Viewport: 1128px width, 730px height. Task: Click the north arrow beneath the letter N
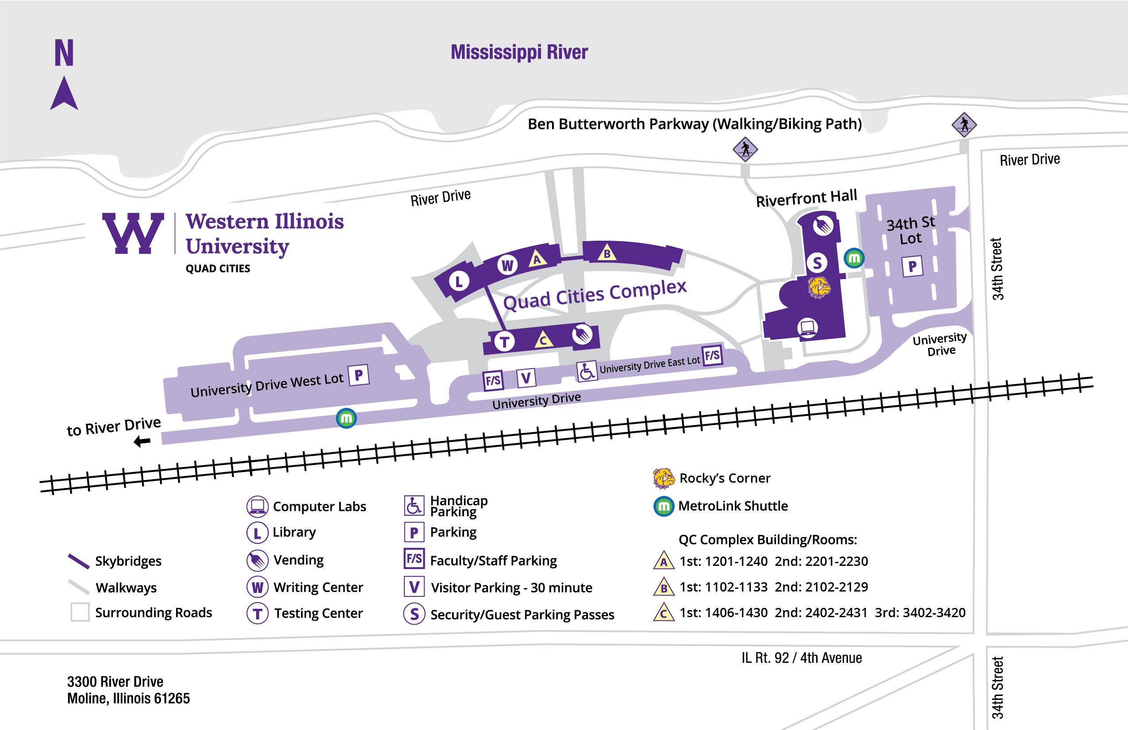64,94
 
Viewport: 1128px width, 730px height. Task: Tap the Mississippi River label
519,52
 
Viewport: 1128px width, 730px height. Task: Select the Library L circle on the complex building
459,281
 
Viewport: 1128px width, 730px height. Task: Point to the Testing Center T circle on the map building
504,341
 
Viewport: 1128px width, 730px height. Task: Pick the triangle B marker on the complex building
607,253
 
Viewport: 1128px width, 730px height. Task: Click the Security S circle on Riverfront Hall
817,263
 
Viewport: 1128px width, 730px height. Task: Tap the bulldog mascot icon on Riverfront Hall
819,287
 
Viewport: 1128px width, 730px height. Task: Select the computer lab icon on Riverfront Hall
808,327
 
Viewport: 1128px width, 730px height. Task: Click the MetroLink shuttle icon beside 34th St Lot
854,258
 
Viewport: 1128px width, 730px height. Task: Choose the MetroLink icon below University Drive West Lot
346,419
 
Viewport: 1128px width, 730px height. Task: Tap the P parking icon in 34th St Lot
912,266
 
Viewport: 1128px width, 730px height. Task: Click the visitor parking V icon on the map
526,378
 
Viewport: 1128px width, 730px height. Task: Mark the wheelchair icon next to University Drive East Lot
586,371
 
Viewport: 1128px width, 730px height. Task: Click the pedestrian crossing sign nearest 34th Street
964,125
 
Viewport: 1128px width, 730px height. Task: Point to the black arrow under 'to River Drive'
142,442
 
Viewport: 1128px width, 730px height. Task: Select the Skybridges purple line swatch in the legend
79,561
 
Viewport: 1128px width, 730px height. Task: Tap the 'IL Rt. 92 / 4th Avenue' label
802,658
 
